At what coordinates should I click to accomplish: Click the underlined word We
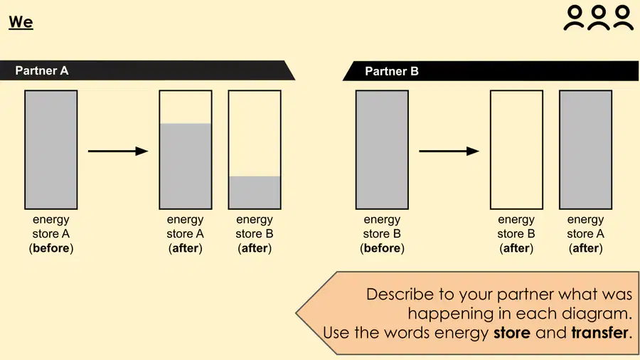click(x=21, y=22)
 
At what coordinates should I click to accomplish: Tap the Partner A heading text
click(x=42, y=70)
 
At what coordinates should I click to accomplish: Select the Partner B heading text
click(x=391, y=71)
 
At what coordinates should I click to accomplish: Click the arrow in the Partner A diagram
click(x=118, y=151)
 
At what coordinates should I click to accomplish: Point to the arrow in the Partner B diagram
click(x=449, y=151)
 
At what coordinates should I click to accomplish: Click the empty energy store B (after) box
click(x=516, y=150)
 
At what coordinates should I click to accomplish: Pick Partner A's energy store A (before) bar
click(x=51, y=150)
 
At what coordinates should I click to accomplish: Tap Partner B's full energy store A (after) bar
click(x=585, y=150)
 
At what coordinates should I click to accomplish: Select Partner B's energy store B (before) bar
click(x=382, y=150)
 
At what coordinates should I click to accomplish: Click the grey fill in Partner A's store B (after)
click(x=255, y=192)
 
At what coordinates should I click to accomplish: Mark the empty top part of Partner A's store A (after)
click(x=186, y=107)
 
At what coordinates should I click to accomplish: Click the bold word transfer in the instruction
click(x=599, y=333)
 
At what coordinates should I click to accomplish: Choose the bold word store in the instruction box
click(x=512, y=333)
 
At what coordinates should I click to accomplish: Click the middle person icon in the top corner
click(x=598, y=18)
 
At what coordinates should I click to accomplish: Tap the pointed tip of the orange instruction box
click(x=297, y=314)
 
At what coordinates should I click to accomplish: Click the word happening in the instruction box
click(x=451, y=314)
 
